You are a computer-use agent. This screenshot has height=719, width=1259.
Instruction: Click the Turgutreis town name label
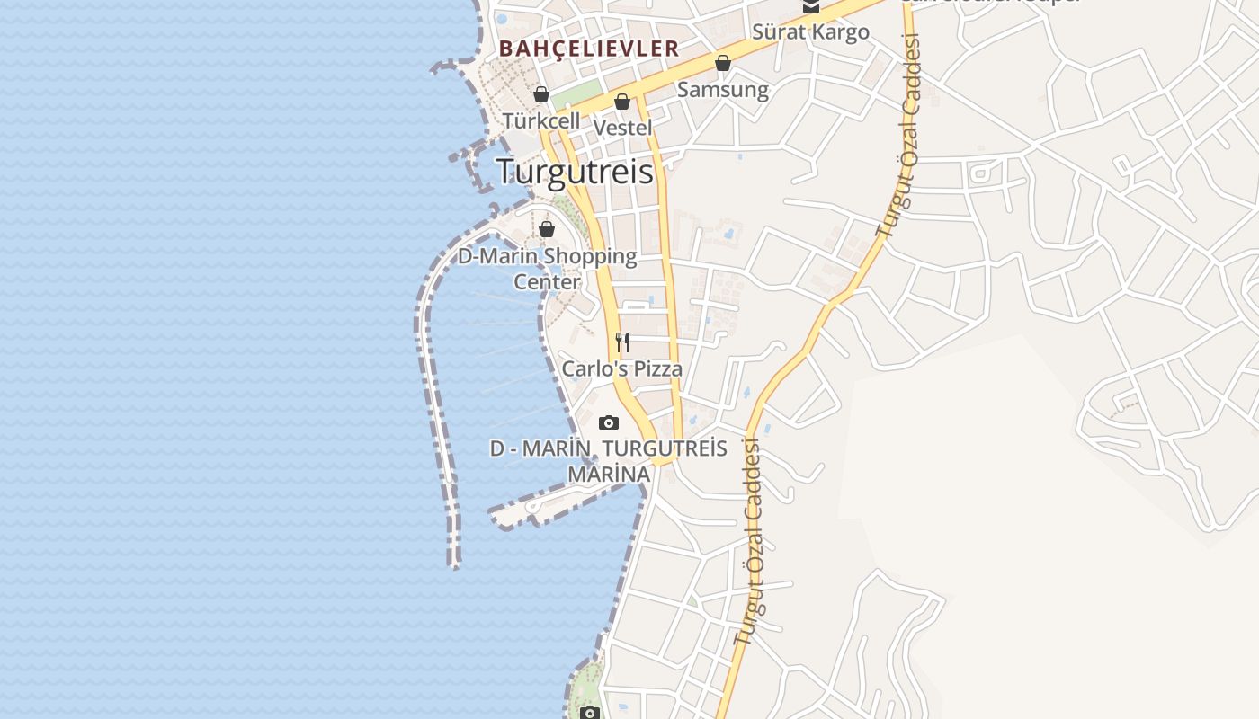[x=575, y=171]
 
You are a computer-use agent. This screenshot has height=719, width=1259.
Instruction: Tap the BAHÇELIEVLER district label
[x=589, y=49]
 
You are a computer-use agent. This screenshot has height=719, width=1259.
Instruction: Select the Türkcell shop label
[x=541, y=120]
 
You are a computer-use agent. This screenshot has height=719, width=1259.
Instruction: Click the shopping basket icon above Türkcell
[x=541, y=94]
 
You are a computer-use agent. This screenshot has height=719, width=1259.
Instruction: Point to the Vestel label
[x=623, y=128]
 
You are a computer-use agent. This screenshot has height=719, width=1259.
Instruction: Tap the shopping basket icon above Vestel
[x=622, y=102]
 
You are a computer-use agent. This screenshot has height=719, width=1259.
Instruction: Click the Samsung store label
[x=723, y=90]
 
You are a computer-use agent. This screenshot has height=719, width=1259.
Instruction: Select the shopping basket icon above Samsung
[x=723, y=63]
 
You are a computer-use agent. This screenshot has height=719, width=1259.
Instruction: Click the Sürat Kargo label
[x=811, y=32]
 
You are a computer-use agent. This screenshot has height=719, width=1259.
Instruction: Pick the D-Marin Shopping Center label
[x=547, y=269]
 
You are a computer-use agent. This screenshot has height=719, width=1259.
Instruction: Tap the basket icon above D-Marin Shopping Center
[x=547, y=229]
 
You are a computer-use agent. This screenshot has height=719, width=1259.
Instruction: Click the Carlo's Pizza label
[x=622, y=368]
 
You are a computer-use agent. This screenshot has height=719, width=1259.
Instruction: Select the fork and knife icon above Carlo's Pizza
[x=622, y=342]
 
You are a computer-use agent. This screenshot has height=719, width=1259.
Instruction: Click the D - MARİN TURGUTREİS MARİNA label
[x=609, y=460]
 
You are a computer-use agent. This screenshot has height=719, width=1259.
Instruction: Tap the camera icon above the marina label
[x=609, y=422]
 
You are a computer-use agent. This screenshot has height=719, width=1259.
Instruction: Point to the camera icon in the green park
[x=590, y=713]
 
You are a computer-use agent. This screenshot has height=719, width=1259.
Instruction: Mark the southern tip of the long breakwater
[x=455, y=564]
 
